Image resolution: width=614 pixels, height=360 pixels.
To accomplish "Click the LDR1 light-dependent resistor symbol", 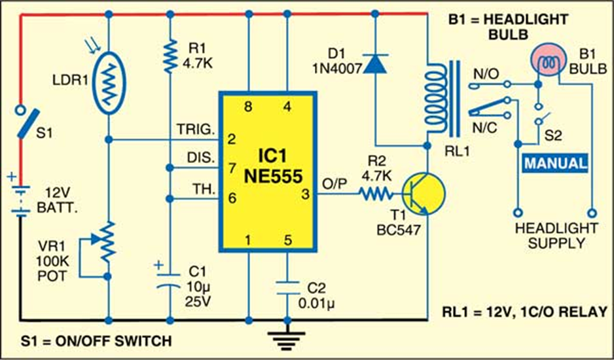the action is coord(109,82).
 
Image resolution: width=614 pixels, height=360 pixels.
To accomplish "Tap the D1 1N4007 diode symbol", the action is coord(375,63).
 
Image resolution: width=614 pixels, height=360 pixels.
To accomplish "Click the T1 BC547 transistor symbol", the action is coord(424,194).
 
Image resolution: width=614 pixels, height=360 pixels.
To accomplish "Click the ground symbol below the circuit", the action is coord(287,340).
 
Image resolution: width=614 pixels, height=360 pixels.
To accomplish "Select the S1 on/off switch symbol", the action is coord(27,122).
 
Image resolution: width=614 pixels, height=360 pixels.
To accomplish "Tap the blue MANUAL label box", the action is coord(556,163).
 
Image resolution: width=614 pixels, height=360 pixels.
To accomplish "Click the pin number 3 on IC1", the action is coord(305,194).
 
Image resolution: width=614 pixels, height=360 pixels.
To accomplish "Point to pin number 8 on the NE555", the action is coord(248,106).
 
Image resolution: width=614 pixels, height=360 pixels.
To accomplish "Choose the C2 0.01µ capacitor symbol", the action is coord(287,288).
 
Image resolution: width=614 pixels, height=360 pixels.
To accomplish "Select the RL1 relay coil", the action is coord(437,98).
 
